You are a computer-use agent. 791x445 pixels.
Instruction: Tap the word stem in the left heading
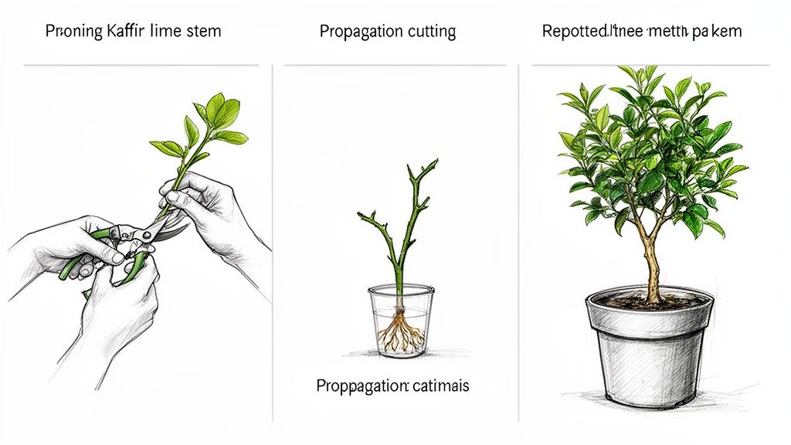tap(202, 32)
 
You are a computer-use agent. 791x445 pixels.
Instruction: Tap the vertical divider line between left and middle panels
tap(273, 232)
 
